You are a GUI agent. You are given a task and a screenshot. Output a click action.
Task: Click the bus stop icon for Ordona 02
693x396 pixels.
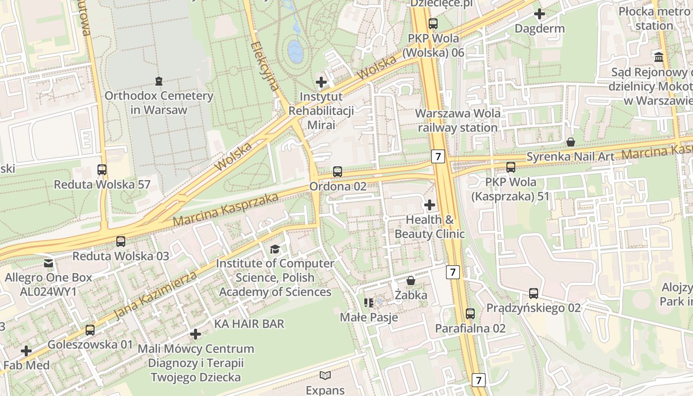point(337,172)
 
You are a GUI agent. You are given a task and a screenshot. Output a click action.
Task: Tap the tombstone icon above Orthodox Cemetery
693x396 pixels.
point(158,81)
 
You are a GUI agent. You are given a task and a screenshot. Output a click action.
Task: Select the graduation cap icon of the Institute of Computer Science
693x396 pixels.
point(275,249)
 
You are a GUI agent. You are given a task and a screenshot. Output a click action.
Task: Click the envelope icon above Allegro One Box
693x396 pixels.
point(48,263)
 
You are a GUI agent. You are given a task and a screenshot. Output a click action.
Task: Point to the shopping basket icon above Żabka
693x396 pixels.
point(411,281)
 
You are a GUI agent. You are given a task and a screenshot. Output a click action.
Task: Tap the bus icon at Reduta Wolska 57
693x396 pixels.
point(102,170)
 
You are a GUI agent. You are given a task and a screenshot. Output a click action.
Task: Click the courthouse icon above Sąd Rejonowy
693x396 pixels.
point(659,57)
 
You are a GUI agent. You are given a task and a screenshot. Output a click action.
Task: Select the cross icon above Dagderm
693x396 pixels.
point(540,14)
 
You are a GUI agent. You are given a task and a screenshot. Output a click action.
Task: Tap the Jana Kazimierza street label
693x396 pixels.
point(155,295)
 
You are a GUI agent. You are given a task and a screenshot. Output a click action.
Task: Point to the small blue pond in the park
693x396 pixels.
point(296,51)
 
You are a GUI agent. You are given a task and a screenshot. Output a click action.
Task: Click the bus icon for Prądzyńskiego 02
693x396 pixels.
point(533,293)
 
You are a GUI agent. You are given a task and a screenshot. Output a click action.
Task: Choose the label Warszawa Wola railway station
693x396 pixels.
point(457,120)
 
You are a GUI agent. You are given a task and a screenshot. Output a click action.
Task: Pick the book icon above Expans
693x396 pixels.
point(325,375)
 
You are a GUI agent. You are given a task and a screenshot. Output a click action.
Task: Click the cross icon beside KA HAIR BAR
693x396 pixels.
point(196,334)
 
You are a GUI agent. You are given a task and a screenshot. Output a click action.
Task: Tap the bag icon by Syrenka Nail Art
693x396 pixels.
point(571,142)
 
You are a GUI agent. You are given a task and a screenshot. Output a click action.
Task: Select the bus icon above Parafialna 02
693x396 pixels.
point(470,313)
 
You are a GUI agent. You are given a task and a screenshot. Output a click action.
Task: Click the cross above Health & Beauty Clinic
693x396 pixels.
point(430,204)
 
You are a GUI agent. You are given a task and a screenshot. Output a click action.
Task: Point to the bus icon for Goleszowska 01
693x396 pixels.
point(90,330)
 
